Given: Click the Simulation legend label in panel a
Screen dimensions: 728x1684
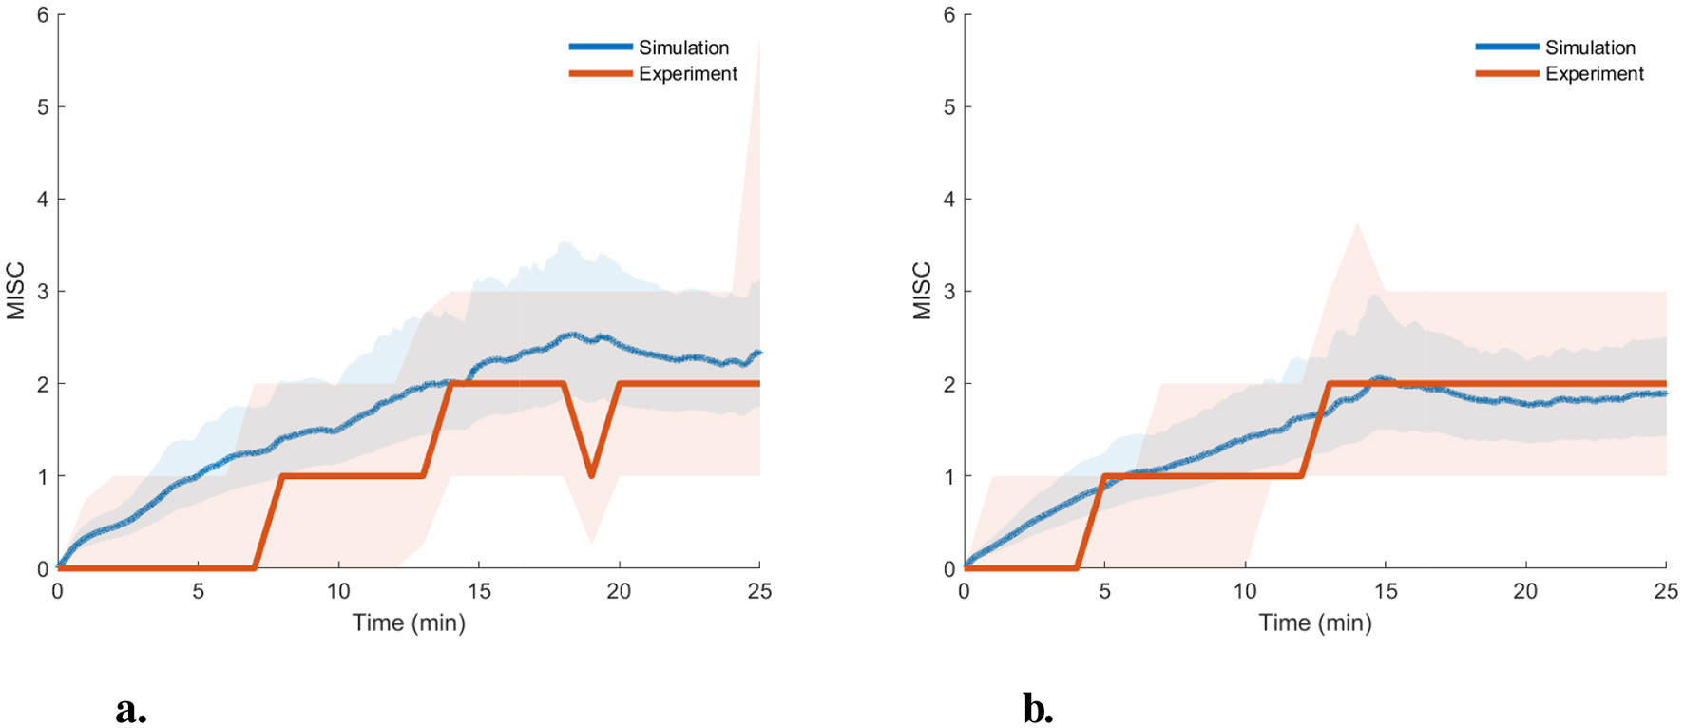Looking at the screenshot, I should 683,48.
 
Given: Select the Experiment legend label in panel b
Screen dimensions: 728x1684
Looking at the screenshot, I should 1594,74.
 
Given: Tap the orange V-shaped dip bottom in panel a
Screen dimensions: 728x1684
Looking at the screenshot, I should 591,474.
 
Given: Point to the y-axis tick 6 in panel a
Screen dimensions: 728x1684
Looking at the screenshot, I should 43,15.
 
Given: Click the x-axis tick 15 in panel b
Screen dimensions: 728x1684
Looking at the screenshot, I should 1386,591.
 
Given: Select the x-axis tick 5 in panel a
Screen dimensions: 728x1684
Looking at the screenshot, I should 198,591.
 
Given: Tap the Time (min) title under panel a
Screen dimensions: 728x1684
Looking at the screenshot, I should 409,623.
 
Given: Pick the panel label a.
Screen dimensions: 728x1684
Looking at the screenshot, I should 131,709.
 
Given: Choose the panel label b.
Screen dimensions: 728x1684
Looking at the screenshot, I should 1038,709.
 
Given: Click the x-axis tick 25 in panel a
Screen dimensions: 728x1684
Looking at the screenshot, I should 759,591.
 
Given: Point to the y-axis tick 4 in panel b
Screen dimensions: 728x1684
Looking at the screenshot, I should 949,200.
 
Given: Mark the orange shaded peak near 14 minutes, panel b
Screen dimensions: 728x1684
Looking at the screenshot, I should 1357,225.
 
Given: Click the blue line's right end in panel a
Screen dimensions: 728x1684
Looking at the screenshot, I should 758,353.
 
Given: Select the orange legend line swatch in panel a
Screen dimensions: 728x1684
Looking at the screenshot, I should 601,74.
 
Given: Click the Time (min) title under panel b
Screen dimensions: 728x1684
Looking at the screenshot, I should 1315,623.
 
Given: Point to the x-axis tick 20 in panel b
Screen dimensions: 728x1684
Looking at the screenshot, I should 1525,591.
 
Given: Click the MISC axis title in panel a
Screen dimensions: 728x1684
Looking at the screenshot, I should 16,291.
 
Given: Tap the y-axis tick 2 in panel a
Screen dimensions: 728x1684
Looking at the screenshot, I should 43,384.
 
